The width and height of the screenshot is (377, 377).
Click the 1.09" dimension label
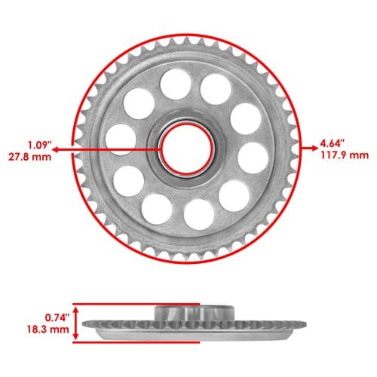tap(40, 145)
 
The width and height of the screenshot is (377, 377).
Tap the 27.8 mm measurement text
tap(29, 157)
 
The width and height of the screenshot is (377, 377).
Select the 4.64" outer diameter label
tap(332, 144)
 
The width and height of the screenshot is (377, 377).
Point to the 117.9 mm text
tap(345, 155)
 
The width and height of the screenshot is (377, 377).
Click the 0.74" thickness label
tap(57, 317)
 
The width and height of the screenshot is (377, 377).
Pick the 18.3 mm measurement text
tap(48, 329)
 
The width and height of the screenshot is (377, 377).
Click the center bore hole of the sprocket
tap(186, 149)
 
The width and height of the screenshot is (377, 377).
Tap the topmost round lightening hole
tap(175, 84)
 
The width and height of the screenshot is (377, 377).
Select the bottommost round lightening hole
tap(199, 214)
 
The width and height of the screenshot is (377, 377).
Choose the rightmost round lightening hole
tap(253, 158)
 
